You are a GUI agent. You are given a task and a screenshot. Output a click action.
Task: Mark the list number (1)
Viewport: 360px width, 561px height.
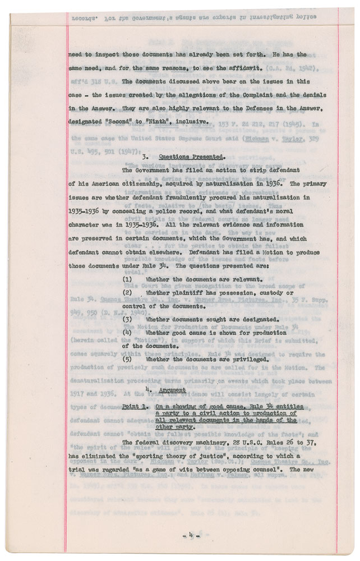point(127,279)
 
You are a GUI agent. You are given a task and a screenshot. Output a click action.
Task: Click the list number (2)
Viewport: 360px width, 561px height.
point(127,293)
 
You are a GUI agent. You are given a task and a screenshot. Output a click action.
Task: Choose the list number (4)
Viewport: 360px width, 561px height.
point(127,332)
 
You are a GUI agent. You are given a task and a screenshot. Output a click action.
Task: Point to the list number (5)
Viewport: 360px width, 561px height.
point(127,358)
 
